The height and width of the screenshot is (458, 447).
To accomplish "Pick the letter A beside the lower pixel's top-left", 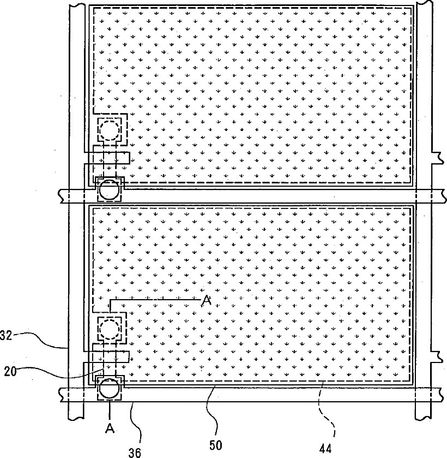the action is (206, 301).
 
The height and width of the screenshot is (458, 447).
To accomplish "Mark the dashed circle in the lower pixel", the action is (108, 328).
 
